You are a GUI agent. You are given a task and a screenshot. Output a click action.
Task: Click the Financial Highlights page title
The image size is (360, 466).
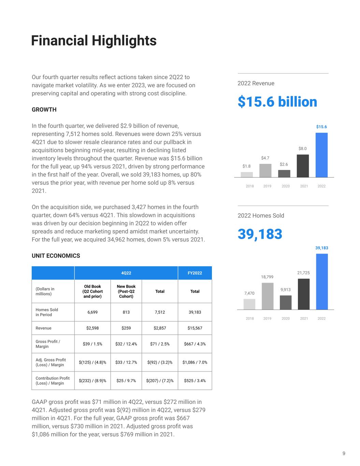(94, 41)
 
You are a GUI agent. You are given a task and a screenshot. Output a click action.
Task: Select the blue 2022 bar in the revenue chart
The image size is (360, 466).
(321, 155)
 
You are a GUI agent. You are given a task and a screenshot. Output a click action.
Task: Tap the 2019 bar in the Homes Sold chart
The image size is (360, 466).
(268, 296)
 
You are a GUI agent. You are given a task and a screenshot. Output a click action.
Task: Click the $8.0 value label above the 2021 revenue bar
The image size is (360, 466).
(303, 149)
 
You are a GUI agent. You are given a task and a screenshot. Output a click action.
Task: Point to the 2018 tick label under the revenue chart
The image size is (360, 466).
(250, 186)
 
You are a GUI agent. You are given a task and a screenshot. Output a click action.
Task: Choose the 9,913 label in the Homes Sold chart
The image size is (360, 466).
(286, 290)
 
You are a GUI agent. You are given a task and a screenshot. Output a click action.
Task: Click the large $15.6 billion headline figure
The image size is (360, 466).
(277, 102)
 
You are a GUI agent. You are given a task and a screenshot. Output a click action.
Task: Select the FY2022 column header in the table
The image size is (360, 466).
(195, 273)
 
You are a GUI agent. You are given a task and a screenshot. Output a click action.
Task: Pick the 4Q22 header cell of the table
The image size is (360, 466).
(126, 273)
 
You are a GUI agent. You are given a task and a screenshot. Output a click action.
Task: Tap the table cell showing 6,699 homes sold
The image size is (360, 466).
(92, 312)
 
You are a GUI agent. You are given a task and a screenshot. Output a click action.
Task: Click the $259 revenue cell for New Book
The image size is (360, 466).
(126, 328)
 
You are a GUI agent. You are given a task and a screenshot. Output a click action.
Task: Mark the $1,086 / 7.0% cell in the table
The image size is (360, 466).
(195, 362)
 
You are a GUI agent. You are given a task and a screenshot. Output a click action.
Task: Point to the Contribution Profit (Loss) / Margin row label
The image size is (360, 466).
(53, 381)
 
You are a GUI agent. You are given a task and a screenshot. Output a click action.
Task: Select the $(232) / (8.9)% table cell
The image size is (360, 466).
(92, 381)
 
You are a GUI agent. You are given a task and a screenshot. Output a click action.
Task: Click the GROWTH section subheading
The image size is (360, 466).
(44, 110)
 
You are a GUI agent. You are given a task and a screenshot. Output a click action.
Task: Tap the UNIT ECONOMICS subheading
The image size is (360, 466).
(56, 256)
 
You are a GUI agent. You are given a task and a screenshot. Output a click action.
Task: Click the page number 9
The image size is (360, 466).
(344, 453)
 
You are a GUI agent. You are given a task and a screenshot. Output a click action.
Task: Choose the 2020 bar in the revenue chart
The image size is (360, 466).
(284, 173)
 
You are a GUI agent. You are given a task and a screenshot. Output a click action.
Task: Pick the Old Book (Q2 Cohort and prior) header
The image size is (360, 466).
(92, 291)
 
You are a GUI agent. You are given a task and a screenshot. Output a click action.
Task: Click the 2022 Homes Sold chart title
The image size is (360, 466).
(261, 215)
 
